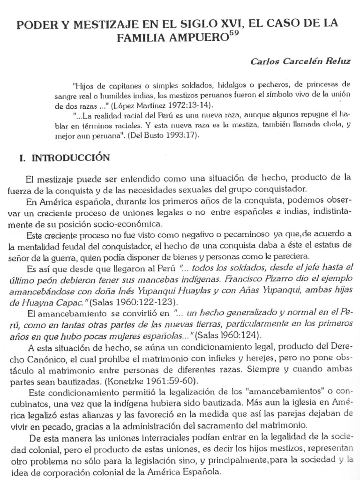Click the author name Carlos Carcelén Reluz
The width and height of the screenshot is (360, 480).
[300, 61]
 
